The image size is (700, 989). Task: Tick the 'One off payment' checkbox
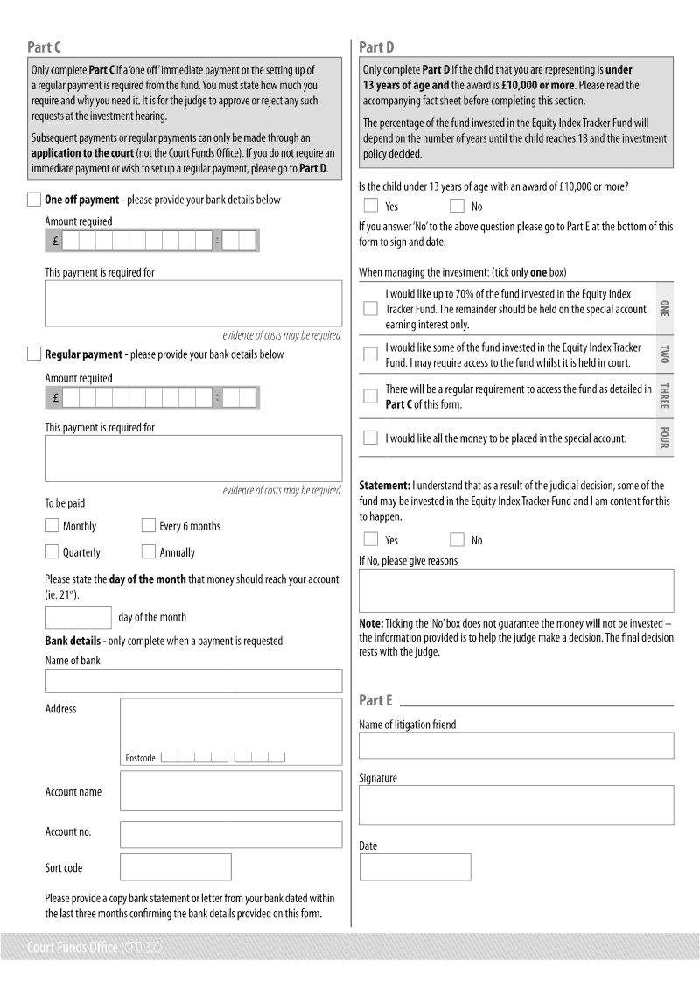click(34, 200)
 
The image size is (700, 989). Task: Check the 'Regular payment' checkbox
click(34, 354)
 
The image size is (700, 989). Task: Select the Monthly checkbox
click(52, 526)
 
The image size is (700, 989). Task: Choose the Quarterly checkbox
click(52, 552)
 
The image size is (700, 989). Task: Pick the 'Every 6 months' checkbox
click(148, 526)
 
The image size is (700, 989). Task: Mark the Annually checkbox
click(148, 552)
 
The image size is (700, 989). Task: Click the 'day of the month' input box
click(78, 617)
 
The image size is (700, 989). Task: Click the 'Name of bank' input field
click(193, 681)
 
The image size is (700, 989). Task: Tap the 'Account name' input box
click(231, 791)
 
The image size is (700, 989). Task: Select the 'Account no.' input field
click(231, 834)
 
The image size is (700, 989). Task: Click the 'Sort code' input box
click(176, 867)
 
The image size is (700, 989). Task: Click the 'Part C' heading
click(44, 47)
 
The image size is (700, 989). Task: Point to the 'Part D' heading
click(377, 47)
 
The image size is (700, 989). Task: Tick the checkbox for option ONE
click(370, 309)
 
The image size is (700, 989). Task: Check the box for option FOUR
click(370, 438)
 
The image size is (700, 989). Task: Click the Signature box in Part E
click(516, 805)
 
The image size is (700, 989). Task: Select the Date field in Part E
click(415, 867)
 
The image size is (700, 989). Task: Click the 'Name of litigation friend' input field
click(516, 746)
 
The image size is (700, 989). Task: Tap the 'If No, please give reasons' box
click(516, 591)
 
